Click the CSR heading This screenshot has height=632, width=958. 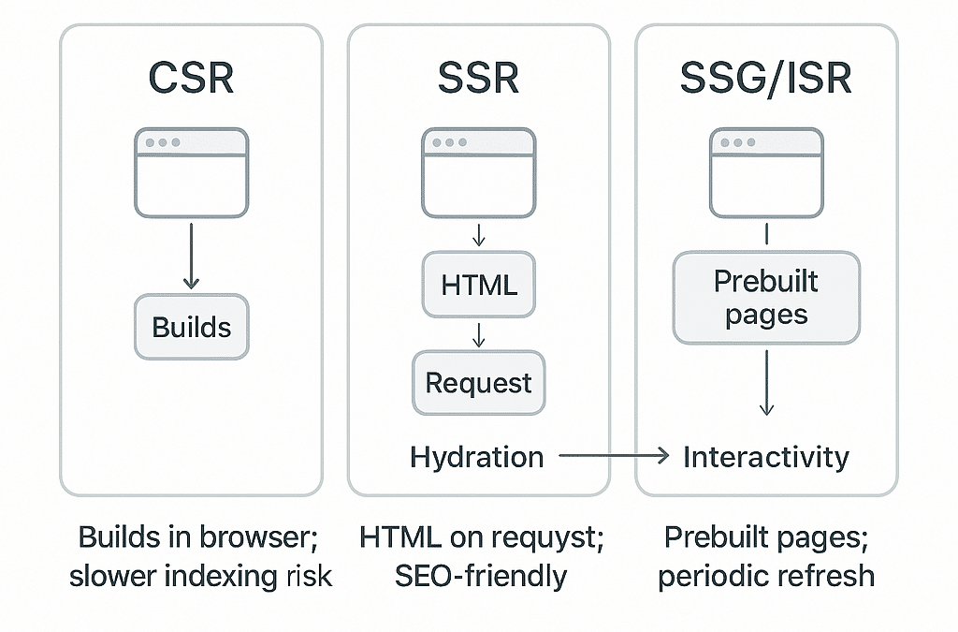click(191, 80)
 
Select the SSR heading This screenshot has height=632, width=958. click(478, 80)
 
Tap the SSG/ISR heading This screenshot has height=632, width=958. click(765, 80)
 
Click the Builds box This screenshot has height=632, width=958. click(191, 328)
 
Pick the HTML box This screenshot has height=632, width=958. click(479, 285)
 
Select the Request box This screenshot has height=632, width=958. click(479, 383)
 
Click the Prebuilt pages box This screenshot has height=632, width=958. click(765, 298)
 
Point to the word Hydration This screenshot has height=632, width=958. click(476, 457)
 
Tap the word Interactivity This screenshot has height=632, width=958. click(765, 457)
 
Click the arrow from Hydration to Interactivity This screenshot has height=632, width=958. click(613, 457)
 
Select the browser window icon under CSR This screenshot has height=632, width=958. click(191, 173)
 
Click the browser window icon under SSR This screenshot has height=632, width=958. click(479, 173)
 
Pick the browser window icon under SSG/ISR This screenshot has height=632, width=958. click(765, 173)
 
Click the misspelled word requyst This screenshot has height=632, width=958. click(542, 537)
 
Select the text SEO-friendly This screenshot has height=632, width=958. click(479, 575)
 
